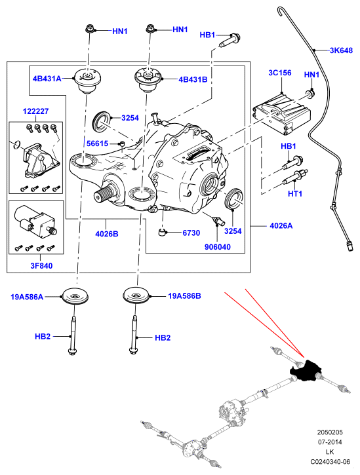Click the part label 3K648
tap(341, 50)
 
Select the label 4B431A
tap(47, 79)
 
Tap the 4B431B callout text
tap(193, 79)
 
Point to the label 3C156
tap(279, 73)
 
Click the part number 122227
tap(36, 111)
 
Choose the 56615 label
tap(97, 143)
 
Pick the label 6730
tap(191, 233)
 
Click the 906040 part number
tap(218, 247)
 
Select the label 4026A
tap(281, 225)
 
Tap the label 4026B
tap(107, 234)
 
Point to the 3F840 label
tap(41, 266)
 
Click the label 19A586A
tap(27, 297)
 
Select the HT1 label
tap(295, 193)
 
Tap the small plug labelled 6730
tap(163, 233)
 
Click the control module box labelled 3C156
tap(282, 113)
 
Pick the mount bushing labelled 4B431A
tap(87, 81)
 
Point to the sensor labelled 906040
tap(218, 221)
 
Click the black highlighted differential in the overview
tap(306, 371)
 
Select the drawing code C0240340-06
tap(330, 462)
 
